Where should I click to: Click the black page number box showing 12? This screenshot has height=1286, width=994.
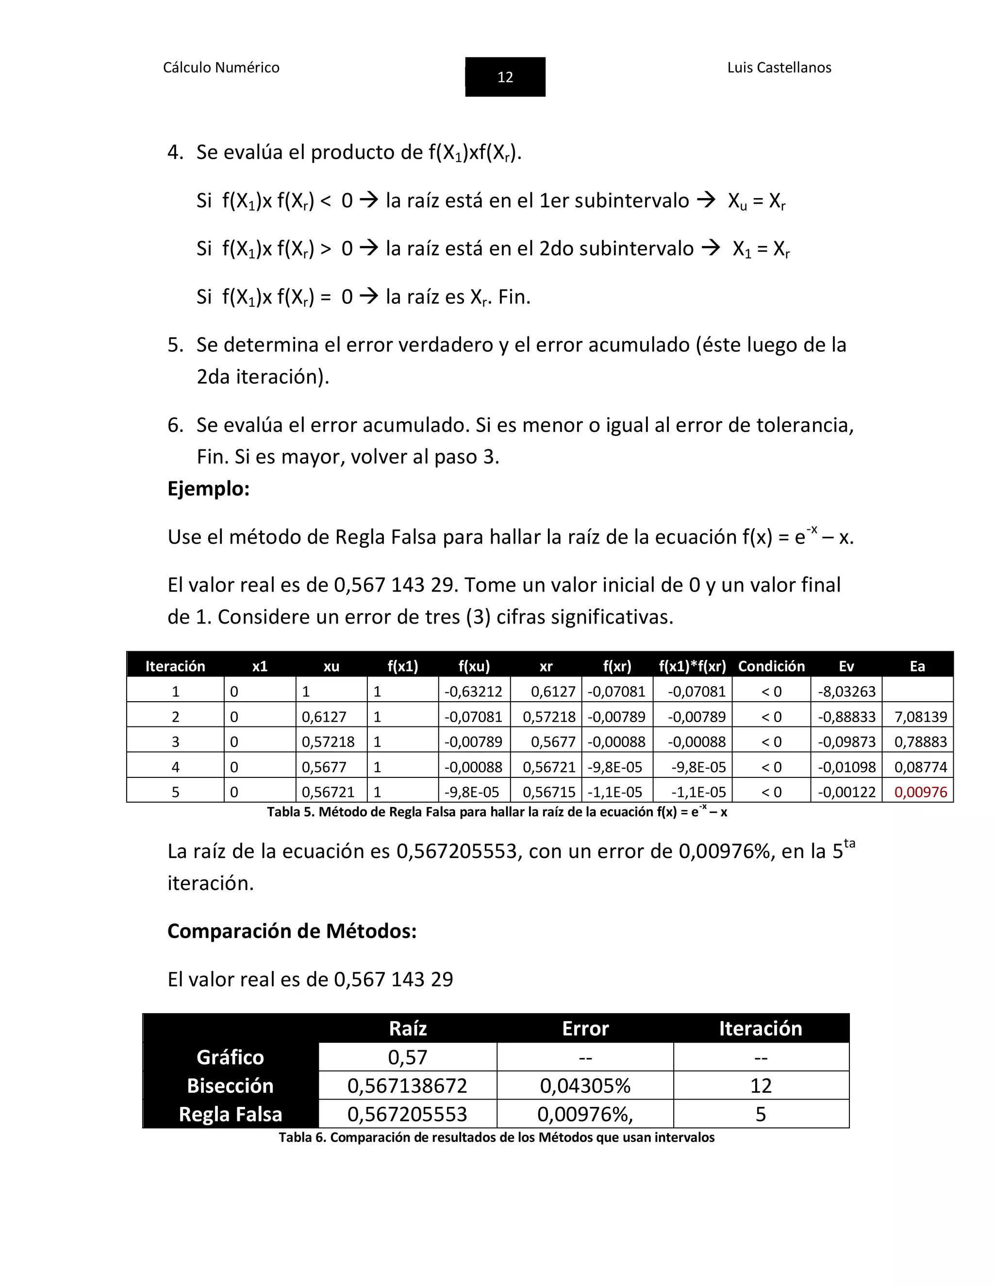(505, 77)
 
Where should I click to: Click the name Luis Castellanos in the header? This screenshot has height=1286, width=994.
(779, 68)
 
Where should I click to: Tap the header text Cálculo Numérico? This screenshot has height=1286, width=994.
(221, 68)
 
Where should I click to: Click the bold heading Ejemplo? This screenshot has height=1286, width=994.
(208, 489)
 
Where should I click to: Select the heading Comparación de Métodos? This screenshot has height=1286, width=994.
(292, 931)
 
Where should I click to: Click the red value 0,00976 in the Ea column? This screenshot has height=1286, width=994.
(920, 792)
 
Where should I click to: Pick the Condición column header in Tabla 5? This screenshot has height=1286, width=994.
(771, 666)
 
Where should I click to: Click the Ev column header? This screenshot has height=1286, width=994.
(845, 666)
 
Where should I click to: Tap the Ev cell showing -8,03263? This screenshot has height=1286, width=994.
(846, 691)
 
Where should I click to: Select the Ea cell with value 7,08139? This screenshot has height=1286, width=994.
(920, 717)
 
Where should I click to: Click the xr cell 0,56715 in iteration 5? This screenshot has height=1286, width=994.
(548, 792)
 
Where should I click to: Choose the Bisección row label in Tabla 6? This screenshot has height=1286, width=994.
(230, 1086)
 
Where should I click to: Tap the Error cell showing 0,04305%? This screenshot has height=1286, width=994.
(585, 1086)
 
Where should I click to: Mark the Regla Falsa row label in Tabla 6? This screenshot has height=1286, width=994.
(230, 1114)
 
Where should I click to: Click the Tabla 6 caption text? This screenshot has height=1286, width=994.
(497, 1137)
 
